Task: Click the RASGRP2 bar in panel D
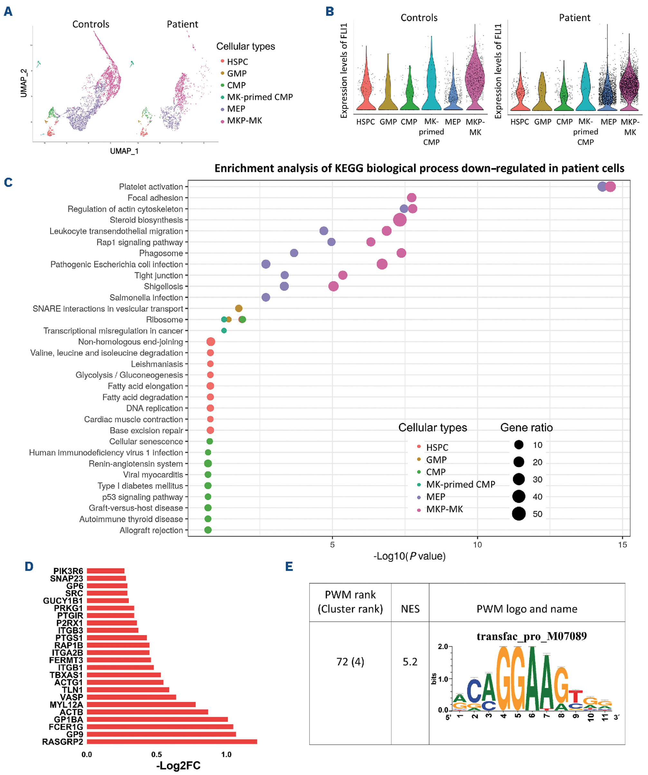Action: pyautogui.click(x=171, y=741)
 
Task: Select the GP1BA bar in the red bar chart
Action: pyautogui.click(x=157, y=719)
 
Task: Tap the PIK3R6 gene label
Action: pyautogui.click(x=68, y=571)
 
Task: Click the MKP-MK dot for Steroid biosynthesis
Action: pyautogui.click(x=400, y=220)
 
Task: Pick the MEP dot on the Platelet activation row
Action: pyautogui.click(x=602, y=187)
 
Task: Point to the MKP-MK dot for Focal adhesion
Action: pyautogui.click(x=412, y=198)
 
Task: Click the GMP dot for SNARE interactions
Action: pyautogui.click(x=239, y=308)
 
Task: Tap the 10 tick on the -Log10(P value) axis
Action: pyautogui.click(x=477, y=545)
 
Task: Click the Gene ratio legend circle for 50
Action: pyautogui.click(x=519, y=514)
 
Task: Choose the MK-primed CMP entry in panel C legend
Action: pyautogui.click(x=460, y=484)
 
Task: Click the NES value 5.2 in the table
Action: pyautogui.click(x=410, y=662)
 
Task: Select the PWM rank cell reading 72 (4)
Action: pyautogui.click(x=350, y=662)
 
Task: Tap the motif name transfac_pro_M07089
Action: pyautogui.click(x=531, y=636)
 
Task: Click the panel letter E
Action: pyautogui.click(x=289, y=567)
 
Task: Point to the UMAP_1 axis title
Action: pyautogui.click(x=124, y=151)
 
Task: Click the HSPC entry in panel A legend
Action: pyautogui.click(x=237, y=62)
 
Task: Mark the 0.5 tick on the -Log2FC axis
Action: pyautogui.click(x=157, y=755)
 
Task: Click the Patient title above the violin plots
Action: pyautogui.click(x=574, y=18)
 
